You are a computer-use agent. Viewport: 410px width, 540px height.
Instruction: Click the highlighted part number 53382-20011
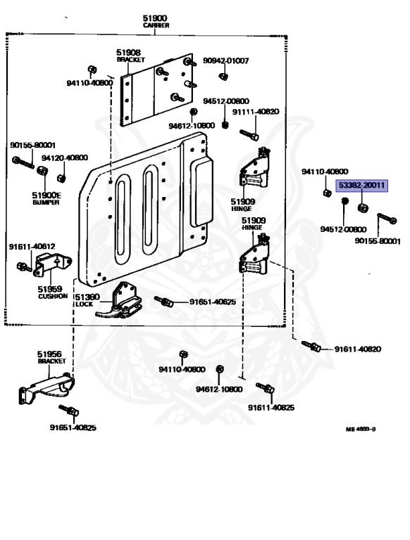click(361, 186)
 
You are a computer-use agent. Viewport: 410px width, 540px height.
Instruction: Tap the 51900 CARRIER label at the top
click(156, 21)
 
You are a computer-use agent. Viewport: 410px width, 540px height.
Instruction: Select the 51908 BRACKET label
click(130, 56)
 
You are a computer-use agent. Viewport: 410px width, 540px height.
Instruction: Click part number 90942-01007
click(225, 61)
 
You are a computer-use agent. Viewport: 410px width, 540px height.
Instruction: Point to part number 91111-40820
click(256, 112)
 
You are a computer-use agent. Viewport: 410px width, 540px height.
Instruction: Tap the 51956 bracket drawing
click(46, 388)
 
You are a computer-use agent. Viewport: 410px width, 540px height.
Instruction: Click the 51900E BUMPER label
click(46, 199)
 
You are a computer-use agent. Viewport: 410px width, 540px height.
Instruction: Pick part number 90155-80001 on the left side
click(33, 146)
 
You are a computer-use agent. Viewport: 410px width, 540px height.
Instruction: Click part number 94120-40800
click(65, 158)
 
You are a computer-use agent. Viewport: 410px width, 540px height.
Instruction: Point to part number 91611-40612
click(32, 247)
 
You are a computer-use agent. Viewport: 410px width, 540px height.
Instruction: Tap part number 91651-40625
click(213, 302)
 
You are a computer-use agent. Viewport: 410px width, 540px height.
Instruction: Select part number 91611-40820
click(358, 349)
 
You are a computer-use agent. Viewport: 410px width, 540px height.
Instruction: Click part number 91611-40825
click(271, 408)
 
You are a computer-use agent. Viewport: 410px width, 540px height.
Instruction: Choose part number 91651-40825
click(73, 427)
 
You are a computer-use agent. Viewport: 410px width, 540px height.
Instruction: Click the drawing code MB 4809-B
click(361, 429)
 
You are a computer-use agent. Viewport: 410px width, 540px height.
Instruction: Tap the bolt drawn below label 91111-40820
click(249, 135)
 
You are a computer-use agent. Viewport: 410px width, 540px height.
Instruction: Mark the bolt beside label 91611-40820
click(311, 345)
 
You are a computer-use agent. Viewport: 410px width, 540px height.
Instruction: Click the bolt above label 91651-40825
click(68, 410)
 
